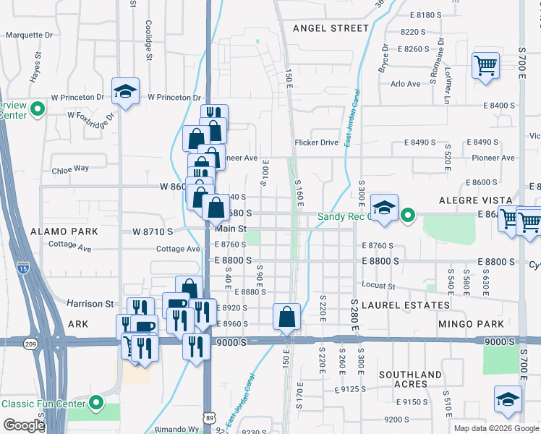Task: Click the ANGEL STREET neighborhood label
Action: [331, 28]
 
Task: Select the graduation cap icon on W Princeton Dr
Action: [125, 92]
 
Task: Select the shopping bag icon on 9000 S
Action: [287, 316]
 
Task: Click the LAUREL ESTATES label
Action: [396, 305]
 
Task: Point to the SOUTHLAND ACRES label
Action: [410, 378]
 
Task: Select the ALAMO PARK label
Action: [64, 231]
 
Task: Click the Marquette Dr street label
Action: [29, 34]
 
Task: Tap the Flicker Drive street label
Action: [316, 142]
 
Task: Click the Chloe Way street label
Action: [70, 169]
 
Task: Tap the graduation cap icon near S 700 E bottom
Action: [508, 400]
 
